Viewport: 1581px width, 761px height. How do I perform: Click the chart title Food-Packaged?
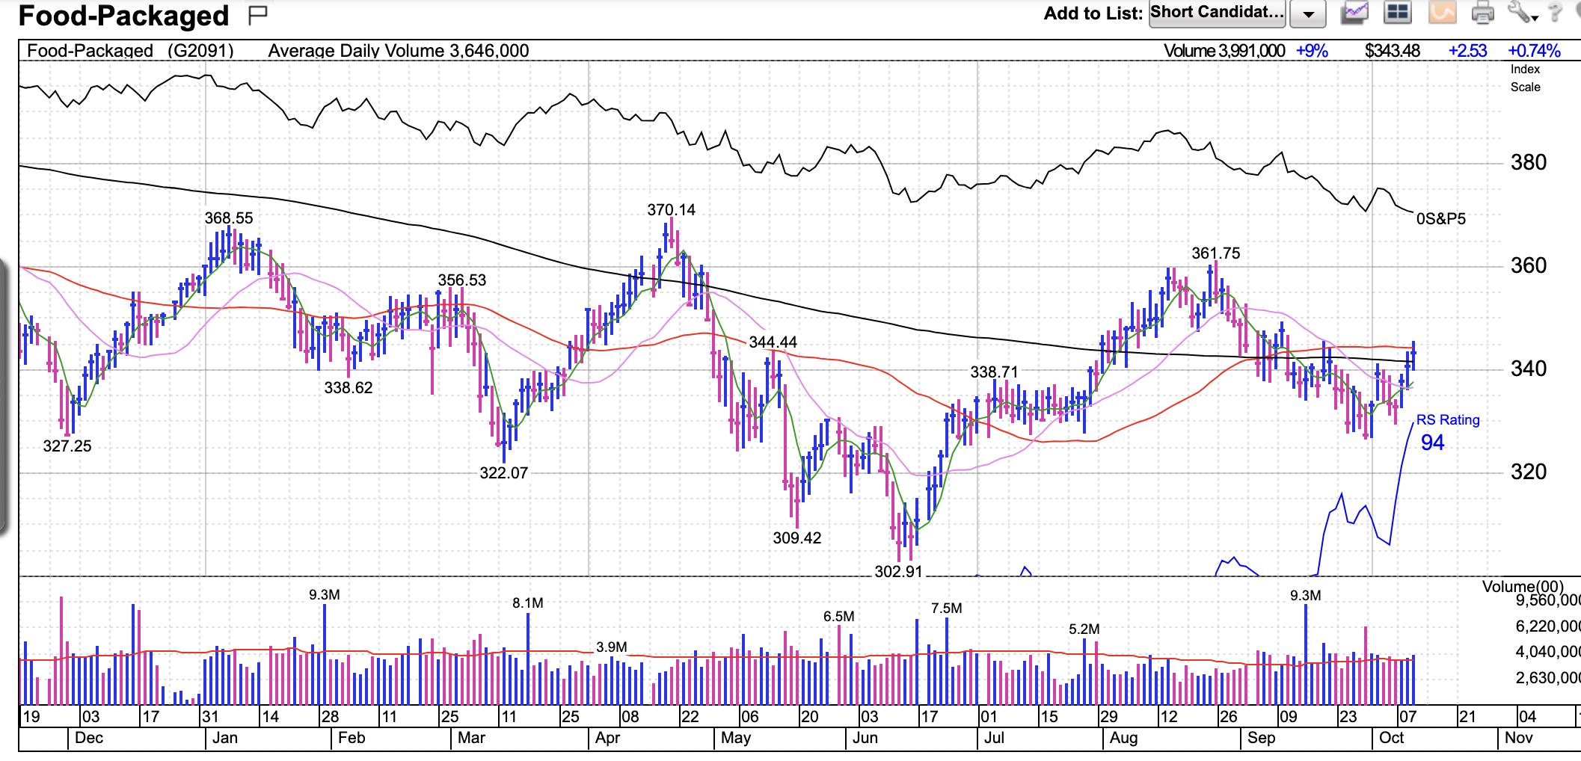pos(123,16)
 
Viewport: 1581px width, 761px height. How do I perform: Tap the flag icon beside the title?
pos(258,14)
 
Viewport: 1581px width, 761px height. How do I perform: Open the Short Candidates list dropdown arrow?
pos(1308,14)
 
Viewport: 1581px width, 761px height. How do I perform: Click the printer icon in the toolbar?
pos(1482,13)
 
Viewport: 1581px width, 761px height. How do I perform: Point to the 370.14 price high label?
pos(671,210)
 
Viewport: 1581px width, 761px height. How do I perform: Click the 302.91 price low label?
pos(898,572)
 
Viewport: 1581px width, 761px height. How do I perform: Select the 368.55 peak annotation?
pos(229,218)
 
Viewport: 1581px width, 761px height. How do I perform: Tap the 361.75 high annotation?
pos(1215,253)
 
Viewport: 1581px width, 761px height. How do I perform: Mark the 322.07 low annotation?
pos(503,473)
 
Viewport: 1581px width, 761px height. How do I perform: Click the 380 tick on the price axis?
pos(1528,162)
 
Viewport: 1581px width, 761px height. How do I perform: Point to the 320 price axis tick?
pos(1528,472)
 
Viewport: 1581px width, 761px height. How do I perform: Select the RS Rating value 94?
pos(1432,443)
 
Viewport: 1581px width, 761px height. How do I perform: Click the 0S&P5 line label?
pos(1440,219)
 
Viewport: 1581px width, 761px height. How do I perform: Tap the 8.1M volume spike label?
pos(528,603)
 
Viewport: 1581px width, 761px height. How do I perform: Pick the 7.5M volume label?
pos(946,609)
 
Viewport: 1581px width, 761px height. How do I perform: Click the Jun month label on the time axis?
pos(865,738)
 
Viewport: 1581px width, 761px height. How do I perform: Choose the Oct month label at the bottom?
pos(1391,738)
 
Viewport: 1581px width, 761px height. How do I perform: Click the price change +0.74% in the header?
pos(1534,51)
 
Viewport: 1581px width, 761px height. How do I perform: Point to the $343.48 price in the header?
pos(1392,51)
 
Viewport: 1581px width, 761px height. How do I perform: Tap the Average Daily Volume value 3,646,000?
pos(489,51)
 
